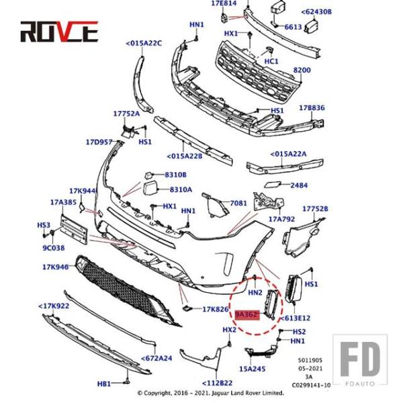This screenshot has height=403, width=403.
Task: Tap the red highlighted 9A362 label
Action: tap(247, 314)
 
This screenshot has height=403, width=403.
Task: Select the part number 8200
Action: tap(302, 70)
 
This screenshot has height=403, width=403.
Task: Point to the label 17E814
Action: tap(224, 3)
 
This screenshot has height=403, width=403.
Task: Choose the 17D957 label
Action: tap(99, 142)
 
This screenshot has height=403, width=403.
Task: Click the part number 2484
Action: tap(299, 185)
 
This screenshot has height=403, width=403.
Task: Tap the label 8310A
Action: tap(181, 189)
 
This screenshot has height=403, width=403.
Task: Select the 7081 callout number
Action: tap(238, 203)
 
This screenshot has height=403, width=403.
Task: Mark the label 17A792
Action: tap(281, 218)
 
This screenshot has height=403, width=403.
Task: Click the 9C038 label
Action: tap(54, 247)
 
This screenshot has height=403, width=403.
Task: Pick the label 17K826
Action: tap(216, 309)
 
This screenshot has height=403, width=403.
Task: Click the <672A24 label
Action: tap(156, 358)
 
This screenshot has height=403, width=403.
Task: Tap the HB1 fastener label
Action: tap(104, 384)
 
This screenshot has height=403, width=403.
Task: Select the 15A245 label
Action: tap(253, 369)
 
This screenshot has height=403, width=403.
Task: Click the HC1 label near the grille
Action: tap(271, 61)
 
